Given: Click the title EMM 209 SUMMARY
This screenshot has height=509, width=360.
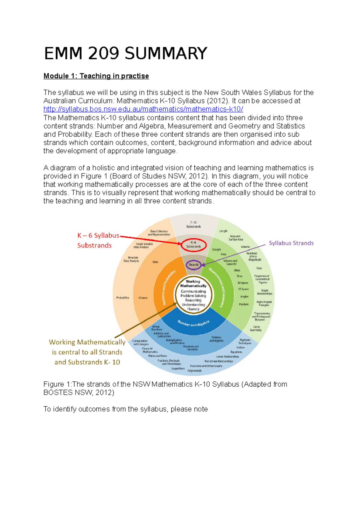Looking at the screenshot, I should pos(125,54).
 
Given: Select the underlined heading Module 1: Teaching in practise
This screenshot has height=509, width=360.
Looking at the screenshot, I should pos(96,76).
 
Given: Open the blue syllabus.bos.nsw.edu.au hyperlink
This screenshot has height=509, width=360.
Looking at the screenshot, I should pos(143,109).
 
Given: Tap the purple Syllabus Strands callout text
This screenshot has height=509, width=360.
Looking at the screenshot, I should pos(291,243).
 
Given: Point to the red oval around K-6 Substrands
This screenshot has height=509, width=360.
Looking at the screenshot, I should pos(193,245).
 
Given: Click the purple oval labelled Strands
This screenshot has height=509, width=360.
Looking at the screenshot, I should pos(193,265).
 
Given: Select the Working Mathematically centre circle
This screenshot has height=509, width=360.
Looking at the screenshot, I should pos(193,295).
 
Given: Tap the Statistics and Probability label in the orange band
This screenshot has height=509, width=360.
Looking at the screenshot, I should pos(169,287).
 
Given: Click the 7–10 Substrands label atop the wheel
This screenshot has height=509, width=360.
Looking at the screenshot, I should pos(193,225).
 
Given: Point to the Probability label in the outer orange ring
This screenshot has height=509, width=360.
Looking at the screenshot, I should pos(123,298).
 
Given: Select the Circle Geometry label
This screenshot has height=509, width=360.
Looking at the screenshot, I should pos(256,328).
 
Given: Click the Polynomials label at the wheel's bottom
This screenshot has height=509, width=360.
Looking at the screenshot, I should pos(195,371).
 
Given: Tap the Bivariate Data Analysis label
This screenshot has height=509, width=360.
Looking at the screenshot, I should pos(131,259).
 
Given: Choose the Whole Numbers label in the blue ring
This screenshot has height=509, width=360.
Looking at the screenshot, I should pos(156,328).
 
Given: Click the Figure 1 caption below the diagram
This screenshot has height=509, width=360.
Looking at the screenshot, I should pos(165,388).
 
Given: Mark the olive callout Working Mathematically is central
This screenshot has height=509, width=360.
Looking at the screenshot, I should pos(87,352).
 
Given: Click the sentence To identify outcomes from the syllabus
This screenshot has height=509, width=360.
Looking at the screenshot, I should pos(125,409).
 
